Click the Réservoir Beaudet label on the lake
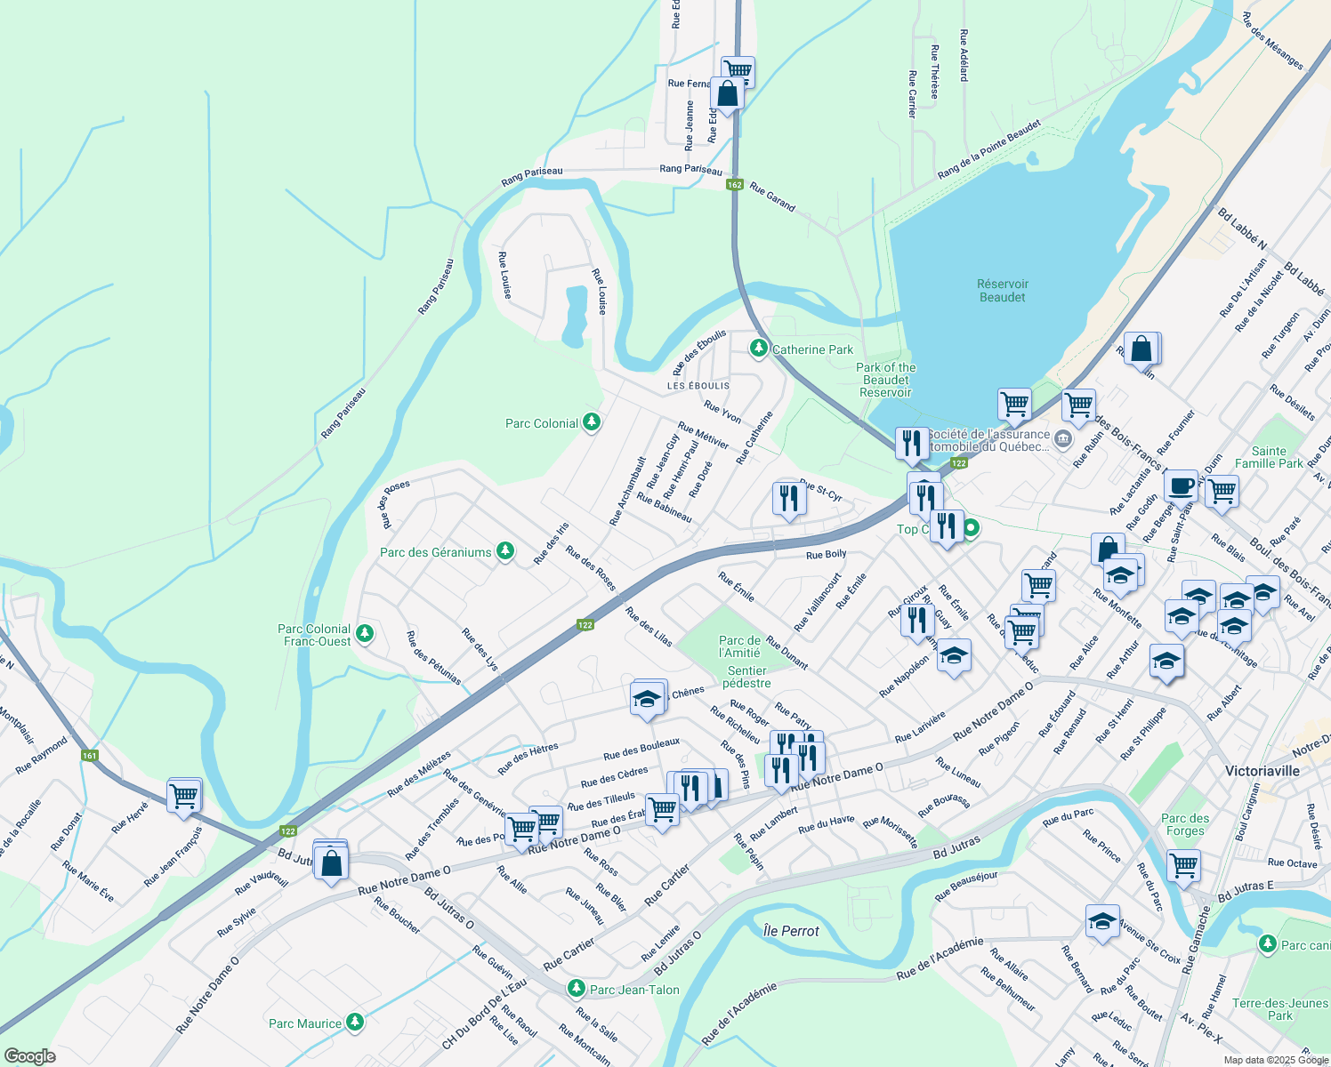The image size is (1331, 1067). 1002,291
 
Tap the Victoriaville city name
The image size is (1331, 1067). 1262,771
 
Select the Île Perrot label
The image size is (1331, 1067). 791,931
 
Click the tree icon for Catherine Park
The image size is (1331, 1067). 758,349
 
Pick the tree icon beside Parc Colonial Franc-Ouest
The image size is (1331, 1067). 364,634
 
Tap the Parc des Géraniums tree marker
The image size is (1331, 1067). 505,552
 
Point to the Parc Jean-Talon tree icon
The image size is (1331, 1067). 577,989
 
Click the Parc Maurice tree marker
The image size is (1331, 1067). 355,1023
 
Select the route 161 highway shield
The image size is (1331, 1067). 90,756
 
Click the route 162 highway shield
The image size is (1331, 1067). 734,185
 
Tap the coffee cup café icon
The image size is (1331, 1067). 1181,486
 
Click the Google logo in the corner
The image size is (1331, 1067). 29,1055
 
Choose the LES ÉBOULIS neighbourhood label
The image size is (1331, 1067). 698,386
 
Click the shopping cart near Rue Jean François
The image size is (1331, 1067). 184,795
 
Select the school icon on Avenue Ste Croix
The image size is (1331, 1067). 1102,922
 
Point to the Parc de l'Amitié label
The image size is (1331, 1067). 739,646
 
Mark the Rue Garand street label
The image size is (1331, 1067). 772,197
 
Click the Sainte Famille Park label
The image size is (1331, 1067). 1269,457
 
